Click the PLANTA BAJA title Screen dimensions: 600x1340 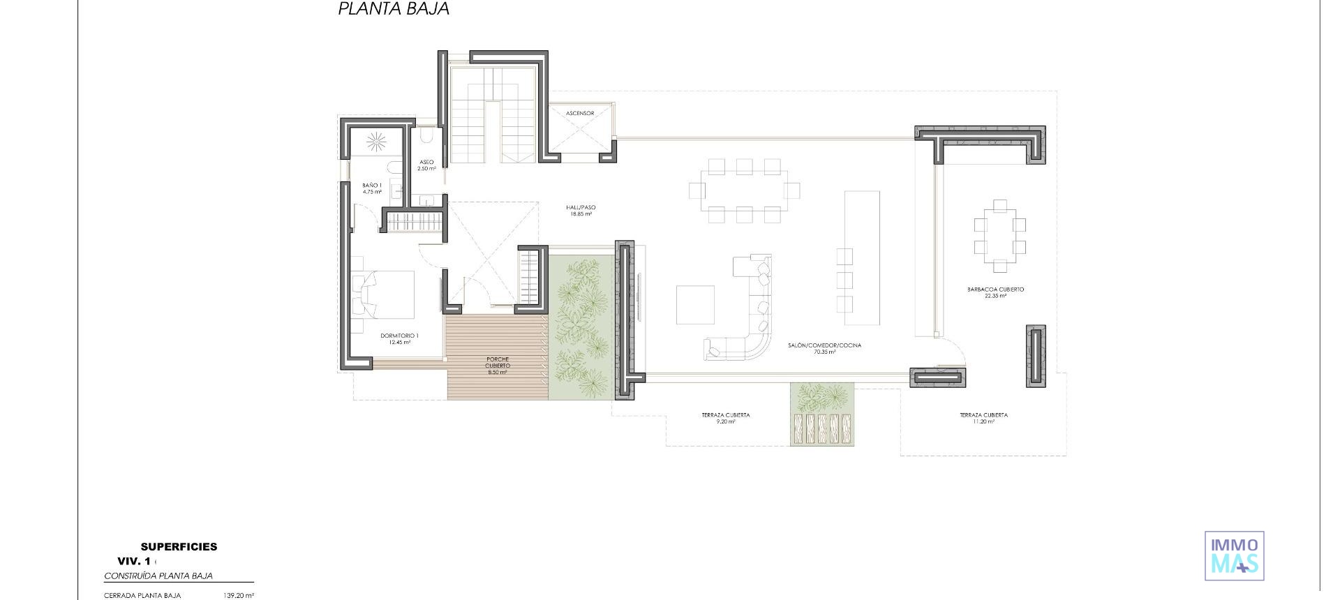(x=394, y=9)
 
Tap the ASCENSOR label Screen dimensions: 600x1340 (x=580, y=113)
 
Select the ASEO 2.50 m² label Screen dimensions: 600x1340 (x=426, y=165)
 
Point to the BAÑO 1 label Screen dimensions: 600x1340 (x=372, y=188)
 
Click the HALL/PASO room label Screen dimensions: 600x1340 (x=581, y=211)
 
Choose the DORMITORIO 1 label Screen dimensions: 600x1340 (x=399, y=339)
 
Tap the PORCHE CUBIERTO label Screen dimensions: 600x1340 (x=498, y=366)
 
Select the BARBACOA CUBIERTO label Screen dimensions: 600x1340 (x=995, y=292)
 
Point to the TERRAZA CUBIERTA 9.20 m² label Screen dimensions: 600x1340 (x=726, y=418)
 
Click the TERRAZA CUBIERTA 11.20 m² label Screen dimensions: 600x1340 (x=983, y=418)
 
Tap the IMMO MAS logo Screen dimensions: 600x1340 (x=1235, y=555)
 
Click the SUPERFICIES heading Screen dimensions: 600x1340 (x=179, y=547)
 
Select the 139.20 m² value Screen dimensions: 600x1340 (x=239, y=596)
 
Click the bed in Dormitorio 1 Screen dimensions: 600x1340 (x=384, y=293)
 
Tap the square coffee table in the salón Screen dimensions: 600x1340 (x=695, y=305)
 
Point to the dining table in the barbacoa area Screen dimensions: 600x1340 (x=1000, y=236)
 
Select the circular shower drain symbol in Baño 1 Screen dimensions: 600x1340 (x=376, y=142)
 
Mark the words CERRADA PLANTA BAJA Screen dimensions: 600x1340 (x=142, y=596)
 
